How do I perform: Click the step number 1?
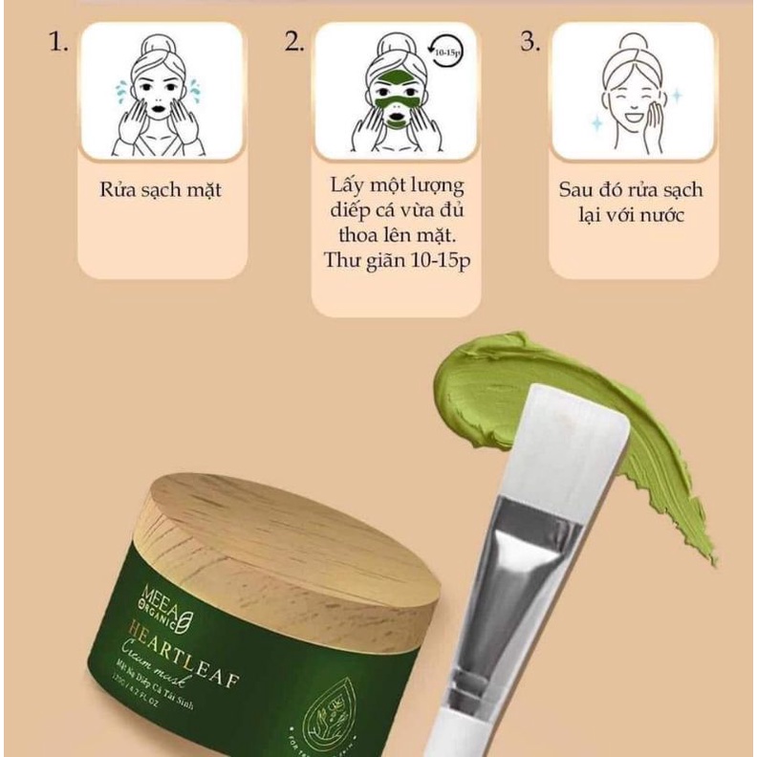[x=58, y=44]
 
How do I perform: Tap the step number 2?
[x=294, y=44]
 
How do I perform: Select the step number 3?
[x=530, y=44]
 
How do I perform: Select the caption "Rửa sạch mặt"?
[x=161, y=189]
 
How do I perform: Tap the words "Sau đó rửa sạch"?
[x=632, y=189]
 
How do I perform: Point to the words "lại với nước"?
[x=632, y=214]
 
